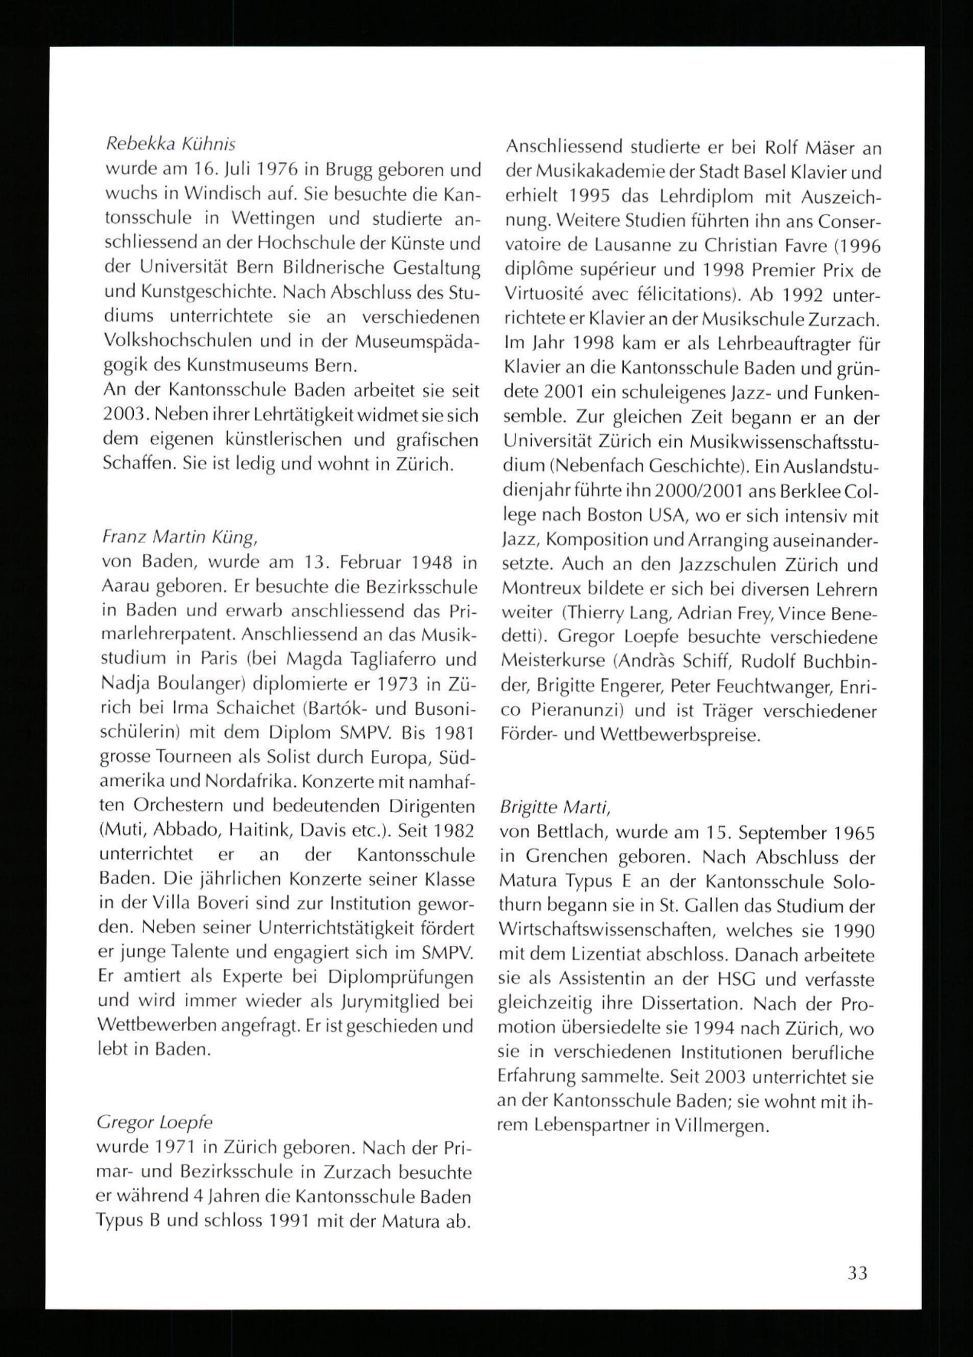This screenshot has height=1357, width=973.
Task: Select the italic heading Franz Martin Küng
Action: click(180, 537)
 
